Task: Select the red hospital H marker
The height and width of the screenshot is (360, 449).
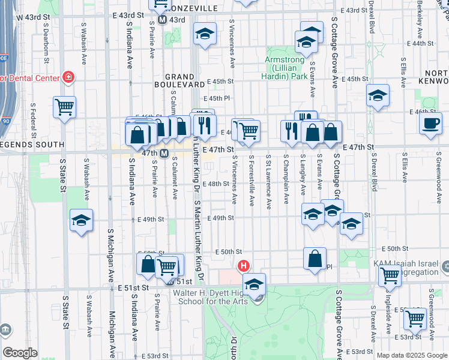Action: [244, 265]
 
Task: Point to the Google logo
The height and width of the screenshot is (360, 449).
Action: [20, 352]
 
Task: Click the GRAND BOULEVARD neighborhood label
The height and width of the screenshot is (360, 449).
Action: [179, 81]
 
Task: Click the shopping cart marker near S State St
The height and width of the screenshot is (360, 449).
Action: [64, 107]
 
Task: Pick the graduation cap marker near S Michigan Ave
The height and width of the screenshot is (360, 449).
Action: [81, 220]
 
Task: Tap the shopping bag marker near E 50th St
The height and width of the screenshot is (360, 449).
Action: [315, 258]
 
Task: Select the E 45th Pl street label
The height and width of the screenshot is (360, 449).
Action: [217, 98]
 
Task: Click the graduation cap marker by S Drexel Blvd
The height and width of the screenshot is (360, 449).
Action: [378, 95]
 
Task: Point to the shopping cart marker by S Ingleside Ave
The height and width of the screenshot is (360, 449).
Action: [390, 276]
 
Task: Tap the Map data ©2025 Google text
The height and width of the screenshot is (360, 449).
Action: [411, 355]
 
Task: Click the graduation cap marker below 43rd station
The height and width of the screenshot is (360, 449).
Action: [205, 34]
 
